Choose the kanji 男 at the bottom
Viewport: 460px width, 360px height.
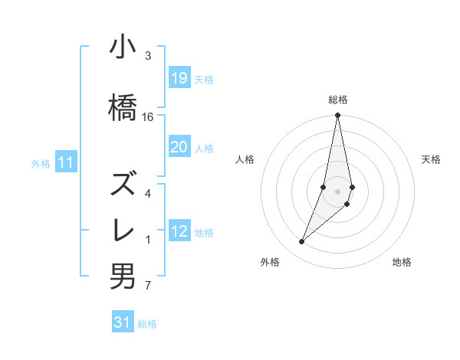[123, 276]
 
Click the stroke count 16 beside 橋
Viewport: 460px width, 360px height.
[148, 116]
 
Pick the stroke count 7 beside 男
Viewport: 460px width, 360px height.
[147, 286]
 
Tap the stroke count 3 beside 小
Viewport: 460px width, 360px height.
[147, 56]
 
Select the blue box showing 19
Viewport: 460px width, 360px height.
[179, 77]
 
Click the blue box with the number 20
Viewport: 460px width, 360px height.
[179, 147]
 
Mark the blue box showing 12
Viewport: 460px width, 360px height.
[179, 231]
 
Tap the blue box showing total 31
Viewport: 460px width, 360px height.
[123, 322]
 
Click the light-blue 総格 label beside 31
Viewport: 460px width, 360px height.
[147, 324]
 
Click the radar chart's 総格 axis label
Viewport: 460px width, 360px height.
[337, 100]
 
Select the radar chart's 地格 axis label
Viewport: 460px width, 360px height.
[402, 262]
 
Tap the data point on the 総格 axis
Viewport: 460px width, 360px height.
[337, 116]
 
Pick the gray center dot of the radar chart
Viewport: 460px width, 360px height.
[337, 191]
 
